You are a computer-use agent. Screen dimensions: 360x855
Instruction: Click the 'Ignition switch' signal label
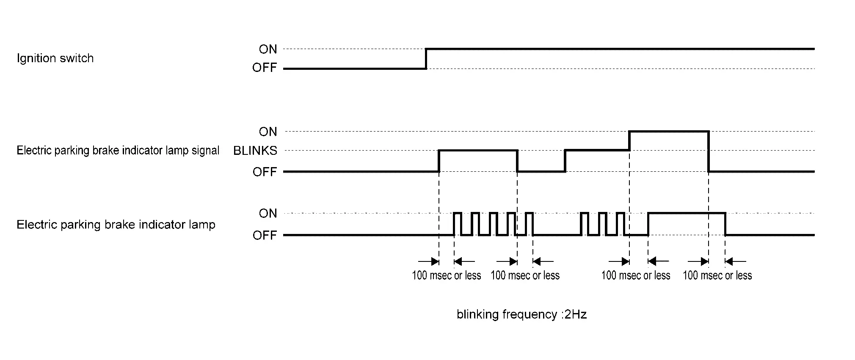pos(55,58)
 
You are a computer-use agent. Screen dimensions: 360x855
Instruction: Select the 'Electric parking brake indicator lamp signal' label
pos(118,151)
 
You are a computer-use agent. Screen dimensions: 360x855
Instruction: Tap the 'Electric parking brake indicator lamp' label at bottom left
pos(116,225)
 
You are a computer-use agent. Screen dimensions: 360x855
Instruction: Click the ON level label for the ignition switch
pos(268,49)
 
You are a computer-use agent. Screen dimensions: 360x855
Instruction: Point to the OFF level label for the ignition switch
pos(265,68)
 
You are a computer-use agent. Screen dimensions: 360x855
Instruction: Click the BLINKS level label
pos(255,151)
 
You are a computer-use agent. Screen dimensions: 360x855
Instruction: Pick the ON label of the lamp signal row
pos(268,132)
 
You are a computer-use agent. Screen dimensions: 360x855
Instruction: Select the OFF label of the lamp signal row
pos(265,172)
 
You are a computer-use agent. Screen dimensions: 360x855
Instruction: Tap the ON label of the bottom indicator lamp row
pos(268,214)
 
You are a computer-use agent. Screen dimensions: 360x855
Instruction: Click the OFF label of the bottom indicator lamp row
pos(265,235)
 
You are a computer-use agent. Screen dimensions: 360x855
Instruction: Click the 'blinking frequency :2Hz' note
pos(521,314)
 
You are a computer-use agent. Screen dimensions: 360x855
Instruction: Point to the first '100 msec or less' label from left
pos(446,276)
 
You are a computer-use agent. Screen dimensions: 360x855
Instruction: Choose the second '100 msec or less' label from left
pos(525,276)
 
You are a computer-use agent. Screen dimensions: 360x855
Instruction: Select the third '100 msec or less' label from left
pos(636,276)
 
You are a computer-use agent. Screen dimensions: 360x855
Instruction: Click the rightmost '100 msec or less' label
pos(717,276)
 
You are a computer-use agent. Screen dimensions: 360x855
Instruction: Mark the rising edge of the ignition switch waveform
pos(426,58)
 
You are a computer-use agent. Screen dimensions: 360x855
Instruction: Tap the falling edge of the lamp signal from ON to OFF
pos(709,151)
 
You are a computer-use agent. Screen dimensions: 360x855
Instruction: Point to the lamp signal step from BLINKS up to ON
pos(629,141)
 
